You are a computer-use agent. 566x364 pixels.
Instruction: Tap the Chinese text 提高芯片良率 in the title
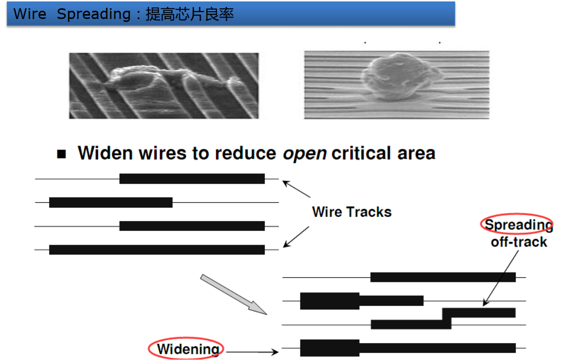point(189,14)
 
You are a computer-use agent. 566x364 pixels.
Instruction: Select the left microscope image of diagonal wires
point(164,86)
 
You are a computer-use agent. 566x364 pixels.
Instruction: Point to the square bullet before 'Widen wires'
point(62,154)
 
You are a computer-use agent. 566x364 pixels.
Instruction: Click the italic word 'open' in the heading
point(305,153)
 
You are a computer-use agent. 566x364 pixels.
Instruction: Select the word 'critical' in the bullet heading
point(360,153)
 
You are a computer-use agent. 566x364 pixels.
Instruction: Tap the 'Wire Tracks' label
point(352,212)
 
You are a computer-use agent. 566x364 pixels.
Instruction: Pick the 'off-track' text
point(519,242)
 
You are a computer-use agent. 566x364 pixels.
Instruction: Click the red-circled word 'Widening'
point(188,349)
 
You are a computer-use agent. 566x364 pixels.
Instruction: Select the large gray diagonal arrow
point(234,295)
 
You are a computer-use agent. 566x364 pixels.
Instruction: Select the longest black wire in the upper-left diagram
point(157,249)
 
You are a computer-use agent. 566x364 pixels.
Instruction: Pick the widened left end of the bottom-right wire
point(330,347)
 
